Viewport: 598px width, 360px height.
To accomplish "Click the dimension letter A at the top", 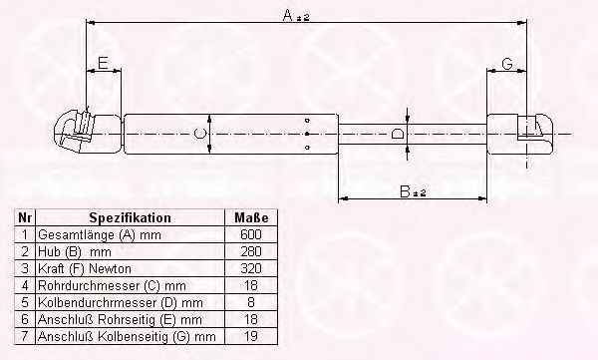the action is [288, 15].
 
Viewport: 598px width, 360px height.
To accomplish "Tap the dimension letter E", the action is [103, 63].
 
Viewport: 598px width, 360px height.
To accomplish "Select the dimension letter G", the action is [507, 64].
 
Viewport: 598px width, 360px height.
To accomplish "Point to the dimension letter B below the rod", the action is [405, 190].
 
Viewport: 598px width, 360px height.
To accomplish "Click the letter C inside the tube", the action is [199, 134].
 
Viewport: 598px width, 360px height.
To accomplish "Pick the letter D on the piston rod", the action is [398, 134].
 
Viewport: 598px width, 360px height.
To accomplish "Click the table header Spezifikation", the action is [130, 217].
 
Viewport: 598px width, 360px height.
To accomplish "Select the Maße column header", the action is [251, 217].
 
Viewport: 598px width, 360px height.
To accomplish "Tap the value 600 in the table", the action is [251, 234].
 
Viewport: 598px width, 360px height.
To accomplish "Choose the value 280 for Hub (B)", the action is [251, 251].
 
